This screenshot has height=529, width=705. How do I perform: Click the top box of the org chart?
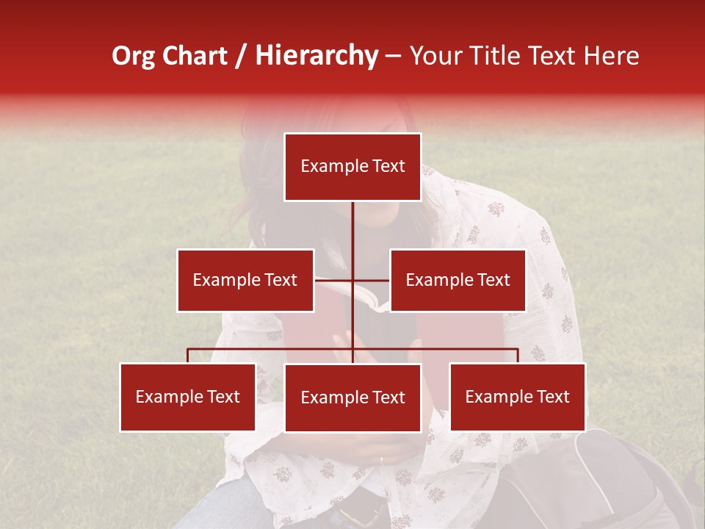[x=352, y=167]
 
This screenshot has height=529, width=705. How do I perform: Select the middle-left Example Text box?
[x=245, y=280]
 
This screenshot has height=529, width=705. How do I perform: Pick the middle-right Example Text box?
[x=458, y=280]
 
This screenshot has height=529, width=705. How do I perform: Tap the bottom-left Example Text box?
[x=188, y=397]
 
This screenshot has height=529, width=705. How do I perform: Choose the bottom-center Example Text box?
[x=352, y=397]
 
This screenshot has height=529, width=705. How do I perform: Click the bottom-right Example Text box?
[x=518, y=397]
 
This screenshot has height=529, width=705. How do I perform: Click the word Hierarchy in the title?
[x=317, y=56]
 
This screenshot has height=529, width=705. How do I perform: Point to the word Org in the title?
[x=133, y=56]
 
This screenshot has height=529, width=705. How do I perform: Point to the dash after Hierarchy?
[x=393, y=56]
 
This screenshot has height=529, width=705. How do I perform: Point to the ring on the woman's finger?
[x=380, y=460]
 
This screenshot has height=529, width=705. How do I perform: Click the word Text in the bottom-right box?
[x=552, y=397]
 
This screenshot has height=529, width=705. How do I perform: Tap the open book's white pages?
[x=367, y=297]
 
